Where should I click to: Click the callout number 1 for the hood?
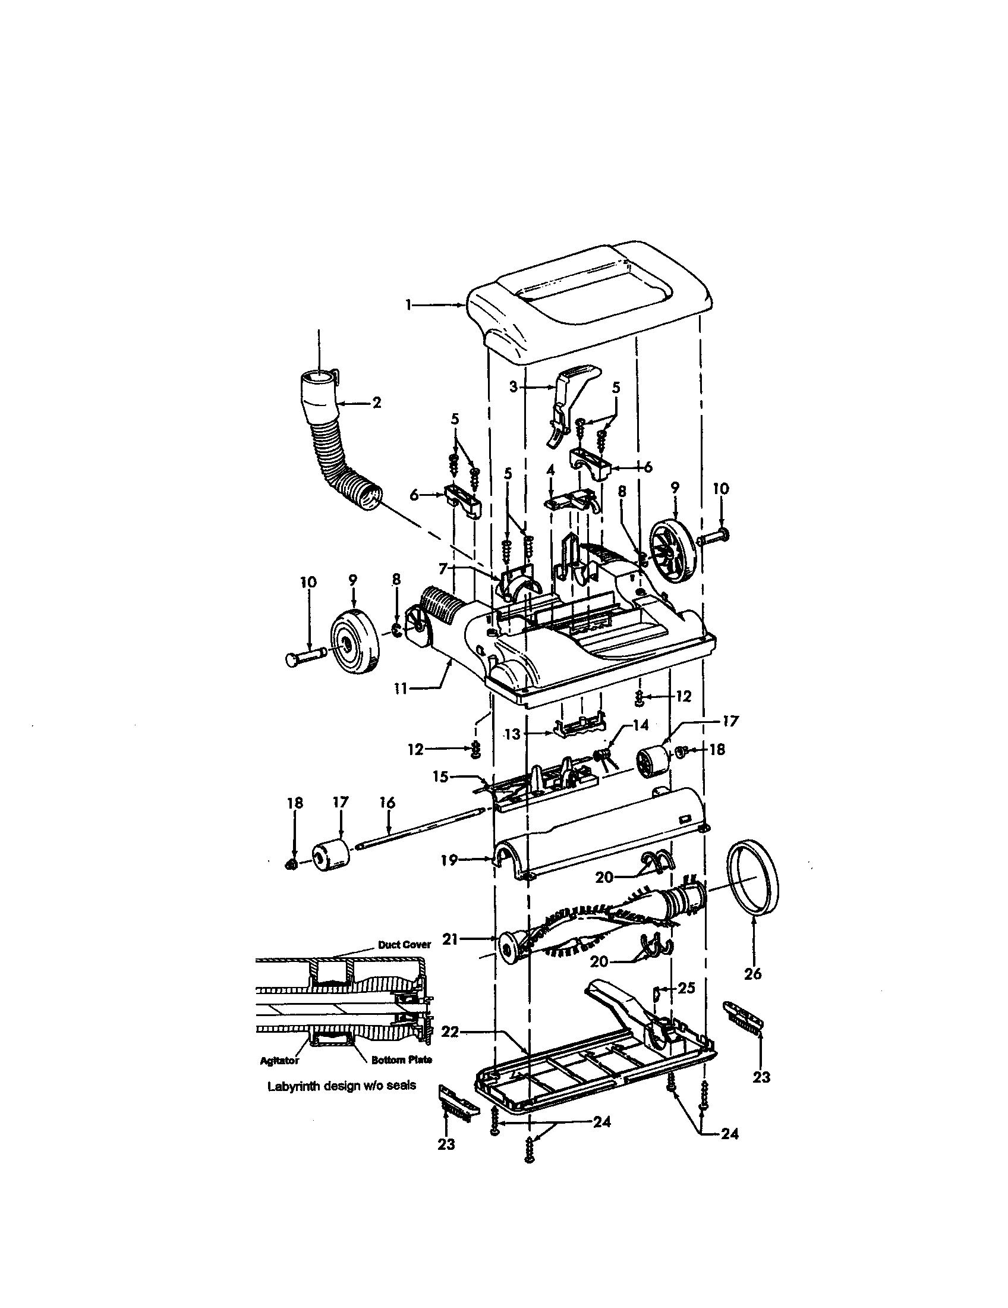click(408, 305)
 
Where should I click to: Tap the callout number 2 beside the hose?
click(376, 403)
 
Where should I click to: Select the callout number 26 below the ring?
click(752, 974)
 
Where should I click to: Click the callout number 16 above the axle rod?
click(388, 802)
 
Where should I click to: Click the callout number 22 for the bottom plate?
click(450, 1032)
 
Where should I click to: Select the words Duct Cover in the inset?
click(404, 945)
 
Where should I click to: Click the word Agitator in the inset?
click(279, 1061)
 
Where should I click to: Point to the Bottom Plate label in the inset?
click(401, 1060)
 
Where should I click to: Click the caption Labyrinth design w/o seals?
click(341, 1085)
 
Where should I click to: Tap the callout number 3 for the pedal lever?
click(513, 386)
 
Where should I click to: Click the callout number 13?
click(512, 734)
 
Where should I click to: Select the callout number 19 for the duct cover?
click(449, 860)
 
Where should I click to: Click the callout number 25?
click(686, 988)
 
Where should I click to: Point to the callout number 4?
click(551, 471)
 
